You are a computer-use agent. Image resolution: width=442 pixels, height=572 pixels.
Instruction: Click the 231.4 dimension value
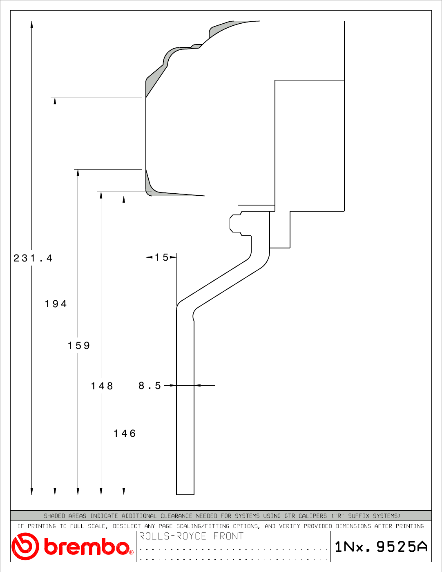click(x=33, y=258)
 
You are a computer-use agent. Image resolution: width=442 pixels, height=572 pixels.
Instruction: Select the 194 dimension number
click(x=56, y=304)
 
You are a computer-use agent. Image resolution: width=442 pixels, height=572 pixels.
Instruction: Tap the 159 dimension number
click(x=79, y=345)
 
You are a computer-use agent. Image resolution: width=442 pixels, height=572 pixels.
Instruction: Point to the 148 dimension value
click(x=102, y=386)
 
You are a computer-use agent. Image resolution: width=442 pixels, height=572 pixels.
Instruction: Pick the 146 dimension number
click(x=125, y=433)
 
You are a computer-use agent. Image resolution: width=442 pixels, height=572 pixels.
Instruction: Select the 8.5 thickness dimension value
click(x=150, y=386)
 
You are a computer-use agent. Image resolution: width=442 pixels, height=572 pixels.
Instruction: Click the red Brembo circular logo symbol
click(x=25, y=547)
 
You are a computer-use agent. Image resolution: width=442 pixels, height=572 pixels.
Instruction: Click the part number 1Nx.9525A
click(x=381, y=547)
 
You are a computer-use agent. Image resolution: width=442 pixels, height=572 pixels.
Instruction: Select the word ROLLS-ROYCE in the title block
click(x=172, y=536)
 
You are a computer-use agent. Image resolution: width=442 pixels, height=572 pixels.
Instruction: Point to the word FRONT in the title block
click(x=228, y=536)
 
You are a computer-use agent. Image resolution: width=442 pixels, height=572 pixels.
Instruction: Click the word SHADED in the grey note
click(x=54, y=516)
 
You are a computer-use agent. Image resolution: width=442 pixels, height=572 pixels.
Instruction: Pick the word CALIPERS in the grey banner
click(x=313, y=516)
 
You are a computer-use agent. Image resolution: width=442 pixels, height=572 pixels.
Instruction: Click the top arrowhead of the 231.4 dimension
click(x=31, y=24)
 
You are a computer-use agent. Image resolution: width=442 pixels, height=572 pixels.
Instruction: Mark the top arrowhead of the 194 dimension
click(x=55, y=101)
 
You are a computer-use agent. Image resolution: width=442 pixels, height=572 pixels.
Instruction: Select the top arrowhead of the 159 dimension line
click(x=78, y=173)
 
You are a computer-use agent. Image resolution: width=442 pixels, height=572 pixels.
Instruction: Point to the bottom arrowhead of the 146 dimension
click(x=124, y=492)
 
